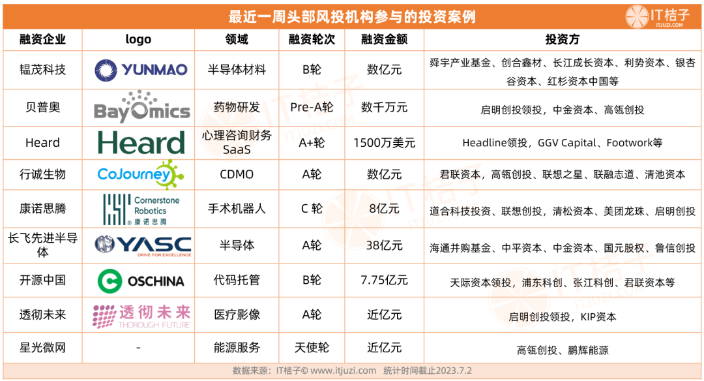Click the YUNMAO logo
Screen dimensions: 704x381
click(141, 70)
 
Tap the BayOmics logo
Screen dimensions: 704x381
click(142, 107)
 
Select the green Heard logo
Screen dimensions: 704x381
click(141, 143)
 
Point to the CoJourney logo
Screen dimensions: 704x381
click(141, 174)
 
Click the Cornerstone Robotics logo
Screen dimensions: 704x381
click(141, 209)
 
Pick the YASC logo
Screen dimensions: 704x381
click(143, 245)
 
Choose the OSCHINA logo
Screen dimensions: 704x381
click(141, 281)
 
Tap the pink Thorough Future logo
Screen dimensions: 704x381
click(141, 316)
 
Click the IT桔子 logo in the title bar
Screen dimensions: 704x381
click(657, 16)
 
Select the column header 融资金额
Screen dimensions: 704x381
click(385, 40)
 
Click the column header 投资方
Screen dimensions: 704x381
click(562, 40)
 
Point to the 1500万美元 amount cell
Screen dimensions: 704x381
click(385, 143)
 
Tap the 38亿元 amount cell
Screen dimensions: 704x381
click(385, 245)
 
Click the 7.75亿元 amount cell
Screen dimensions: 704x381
click(385, 281)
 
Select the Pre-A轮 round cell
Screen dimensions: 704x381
click(312, 108)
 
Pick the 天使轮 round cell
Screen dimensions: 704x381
click(312, 348)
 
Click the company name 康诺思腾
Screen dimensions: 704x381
click(42, 209)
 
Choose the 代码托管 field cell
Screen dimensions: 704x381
click(237, 281)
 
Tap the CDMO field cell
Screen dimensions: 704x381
click(237, 174)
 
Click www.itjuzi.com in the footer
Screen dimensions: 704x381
click(344, 371)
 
